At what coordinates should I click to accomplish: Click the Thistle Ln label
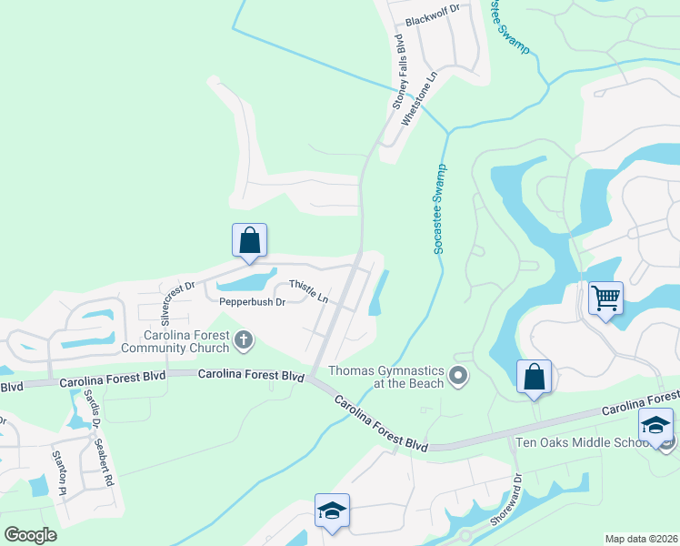click(309, 291)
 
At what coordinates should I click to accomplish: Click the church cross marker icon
click(243, 341)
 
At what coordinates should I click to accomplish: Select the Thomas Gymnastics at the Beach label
click(386, 377)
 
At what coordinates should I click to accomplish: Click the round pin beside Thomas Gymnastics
click(459, 375)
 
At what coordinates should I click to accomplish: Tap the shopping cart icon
click(605, 298)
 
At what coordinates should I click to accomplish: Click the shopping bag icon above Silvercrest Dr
click(249, 241)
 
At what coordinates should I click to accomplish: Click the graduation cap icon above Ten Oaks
click(655, 425)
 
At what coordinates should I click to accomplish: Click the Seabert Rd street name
click(103, 462)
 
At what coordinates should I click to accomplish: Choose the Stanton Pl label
click(59, 472)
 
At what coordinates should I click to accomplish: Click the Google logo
click(30, 535)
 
